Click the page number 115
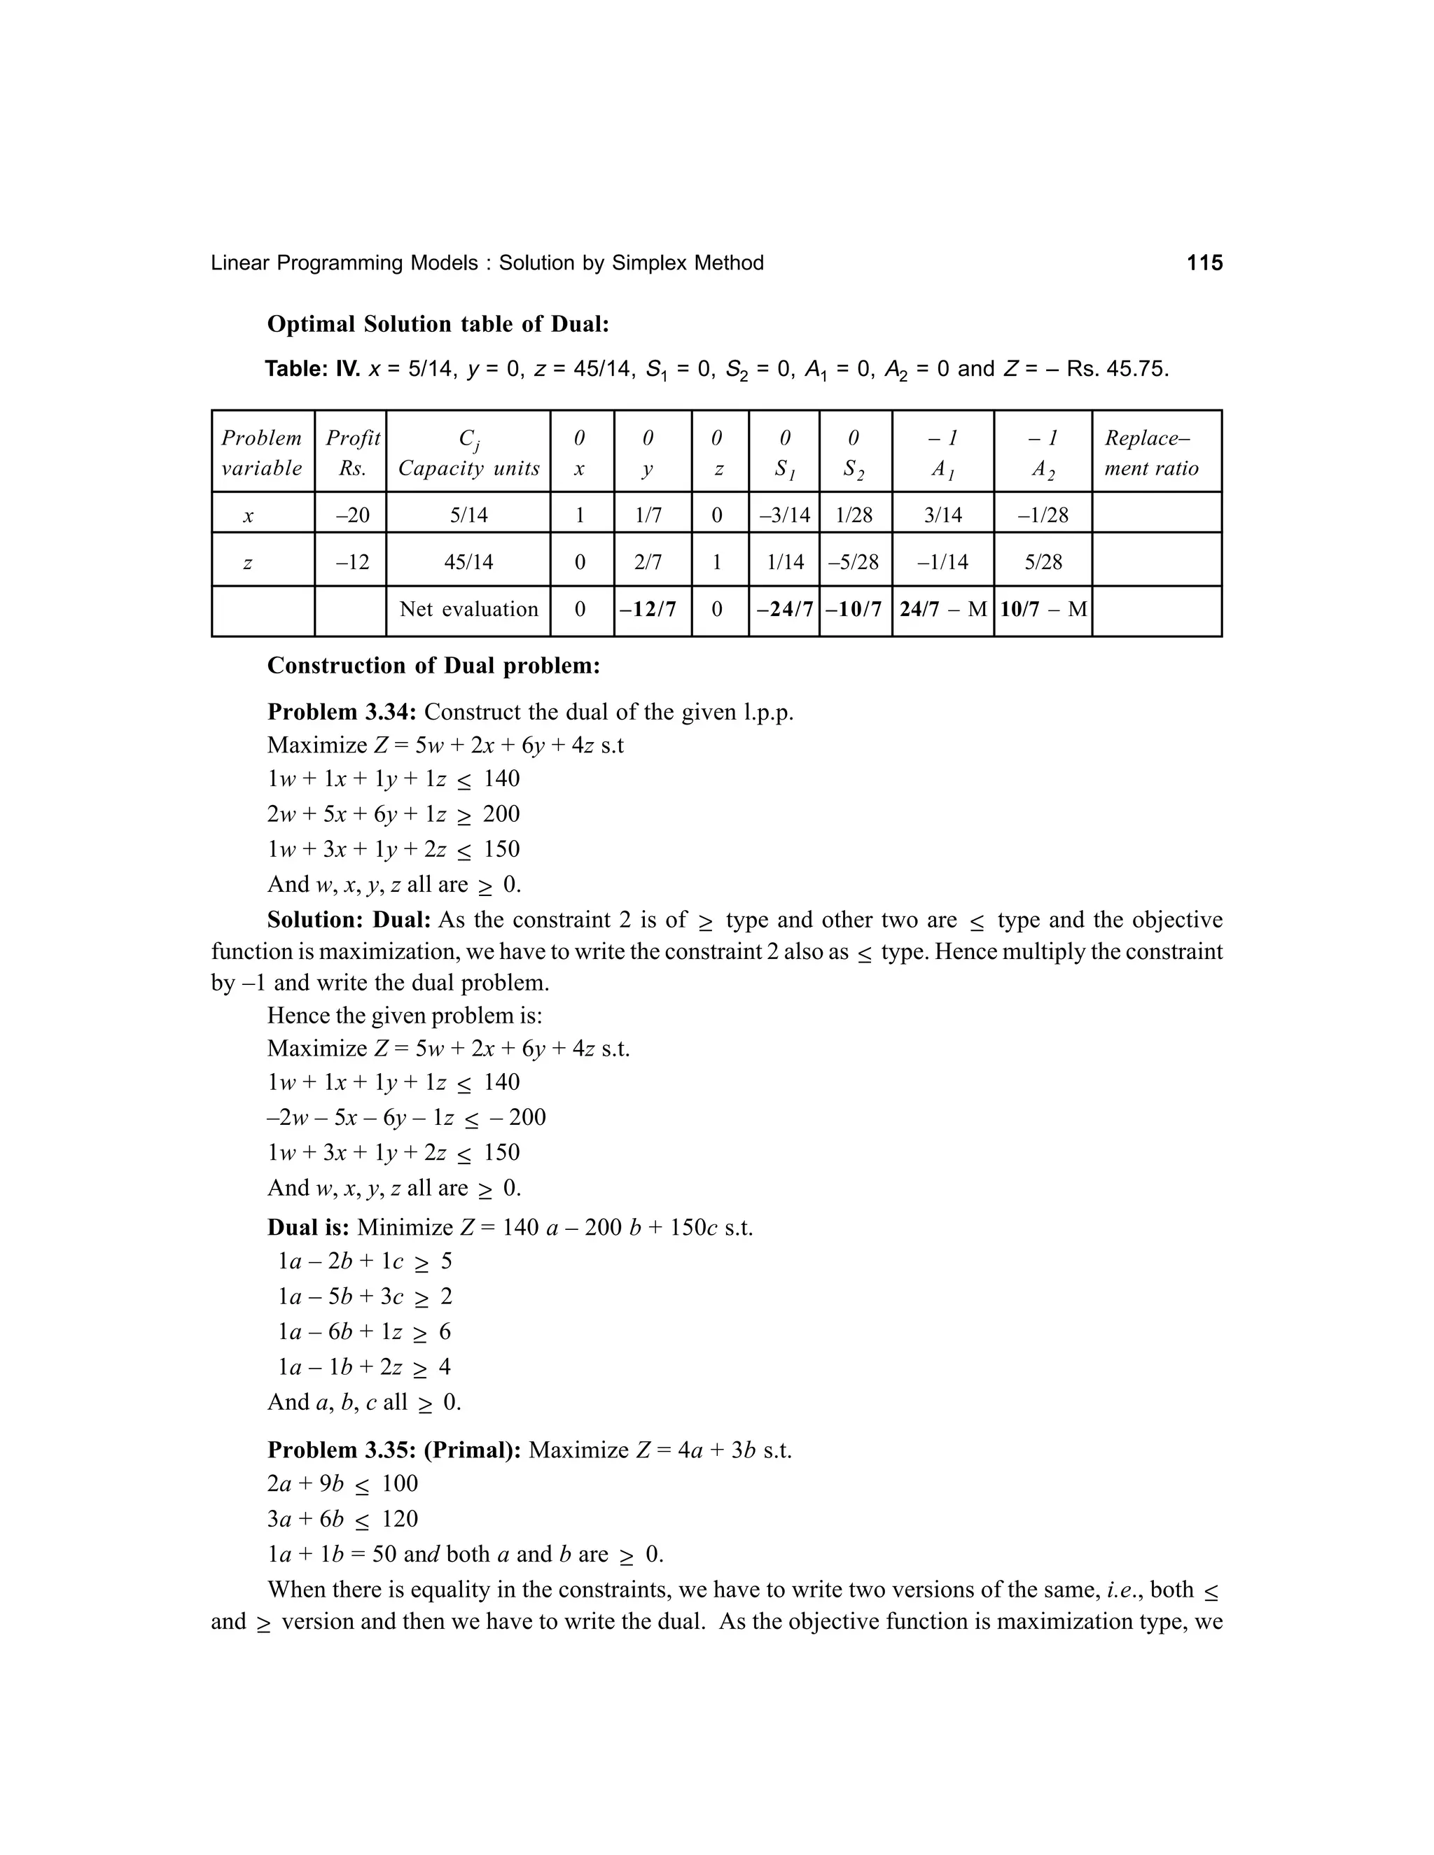coord(1204,263)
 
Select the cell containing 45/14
coord(468,561)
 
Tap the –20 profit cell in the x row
coord(351,514)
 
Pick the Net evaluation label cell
coord(468,609)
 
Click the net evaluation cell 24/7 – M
coord(943,609)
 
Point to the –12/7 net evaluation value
coord(653,609)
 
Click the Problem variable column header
coord(262,453)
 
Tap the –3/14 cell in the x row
coord(784,514)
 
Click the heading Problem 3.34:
coord(342,712)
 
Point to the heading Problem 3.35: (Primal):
coord(394,1450)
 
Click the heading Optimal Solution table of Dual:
coord(438,325)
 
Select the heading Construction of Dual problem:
coord(433,666)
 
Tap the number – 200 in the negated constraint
coord(517,1117)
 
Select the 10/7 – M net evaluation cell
coord(1043,609)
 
